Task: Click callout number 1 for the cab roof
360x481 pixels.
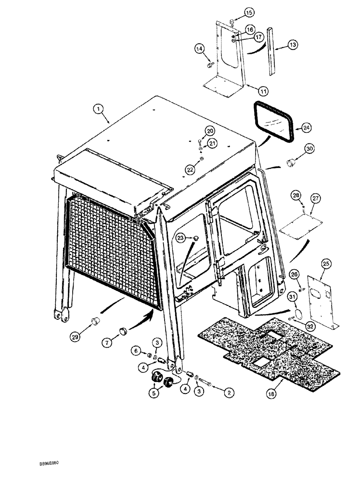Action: click(99, 110)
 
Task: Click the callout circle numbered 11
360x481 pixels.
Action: click(249, 90)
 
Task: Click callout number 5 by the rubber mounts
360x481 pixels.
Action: click(154, 392)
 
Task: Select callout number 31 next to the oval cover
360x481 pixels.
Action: click(292, 297)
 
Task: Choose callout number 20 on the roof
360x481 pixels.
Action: click(210, 131)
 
